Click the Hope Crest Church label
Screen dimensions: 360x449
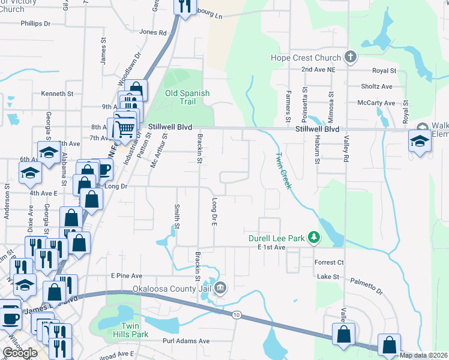[x=306, y=58]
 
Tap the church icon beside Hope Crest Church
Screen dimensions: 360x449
[x=351, y=58]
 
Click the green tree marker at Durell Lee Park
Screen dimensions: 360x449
[x=313, y=238]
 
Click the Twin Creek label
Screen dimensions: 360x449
[x=283, y=171]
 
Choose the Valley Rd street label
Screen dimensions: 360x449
[x=346, y=146]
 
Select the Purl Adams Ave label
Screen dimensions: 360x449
[x=187, y=341]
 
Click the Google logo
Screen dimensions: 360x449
[x=20, y=353]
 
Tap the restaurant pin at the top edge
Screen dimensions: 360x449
[x=184, y=7]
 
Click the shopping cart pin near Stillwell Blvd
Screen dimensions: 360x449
[x=124, y=127]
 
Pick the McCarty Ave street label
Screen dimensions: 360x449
[x=376, y=103]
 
